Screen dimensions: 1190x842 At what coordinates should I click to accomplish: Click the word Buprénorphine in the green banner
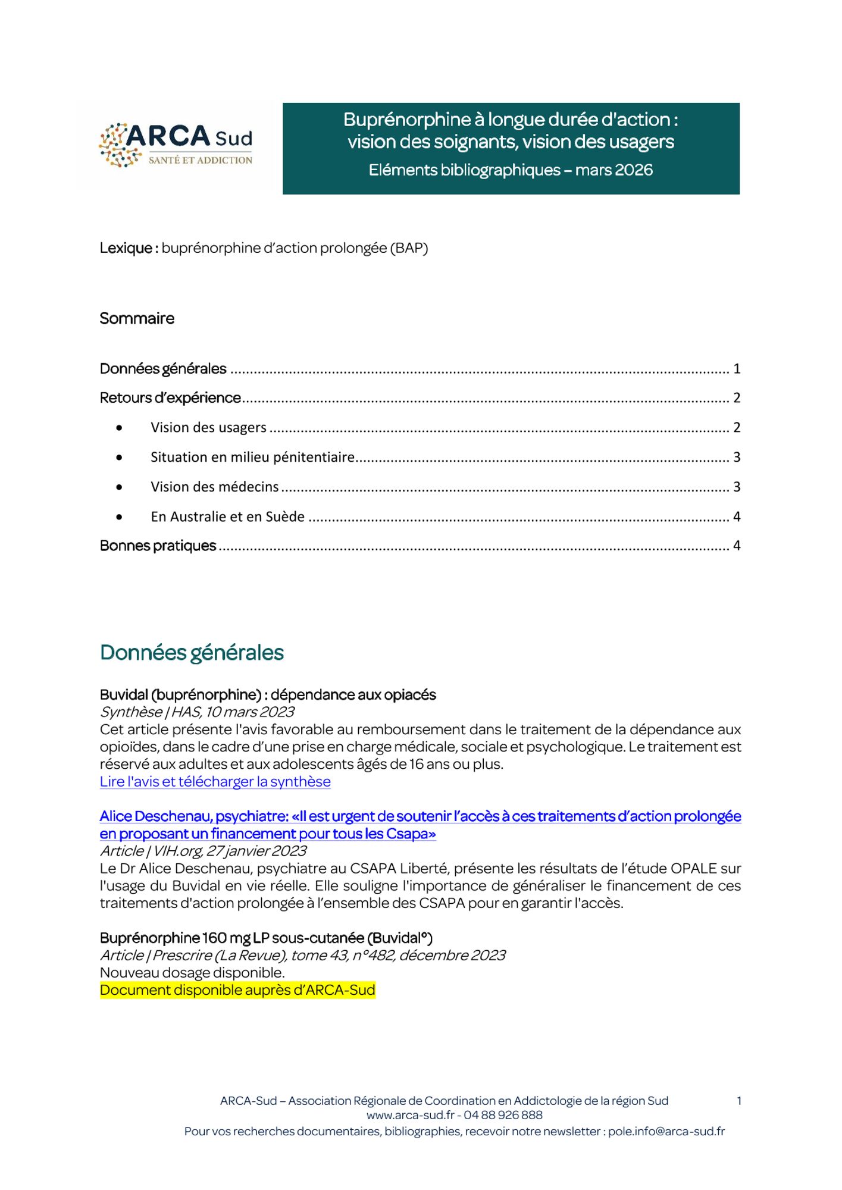click(407, 120)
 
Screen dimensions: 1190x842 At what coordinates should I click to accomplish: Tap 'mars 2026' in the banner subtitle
click(613, 170)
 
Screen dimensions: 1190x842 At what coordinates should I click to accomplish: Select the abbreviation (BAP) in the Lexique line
click(409, 248)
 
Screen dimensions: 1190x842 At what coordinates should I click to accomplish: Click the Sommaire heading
click(137, 318)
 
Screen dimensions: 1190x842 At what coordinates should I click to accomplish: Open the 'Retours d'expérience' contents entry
click(170, 397)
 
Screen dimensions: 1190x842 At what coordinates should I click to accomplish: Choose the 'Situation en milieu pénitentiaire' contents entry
click(252, 457)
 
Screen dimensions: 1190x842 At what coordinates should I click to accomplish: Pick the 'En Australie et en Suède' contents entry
click(227, 516)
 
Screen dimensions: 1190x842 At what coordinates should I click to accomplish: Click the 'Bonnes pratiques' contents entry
click(158, 546)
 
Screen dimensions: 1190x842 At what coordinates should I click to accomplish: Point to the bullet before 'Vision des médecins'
click(120, 487)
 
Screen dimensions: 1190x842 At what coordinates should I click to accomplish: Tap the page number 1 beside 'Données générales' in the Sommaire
click(737, 369)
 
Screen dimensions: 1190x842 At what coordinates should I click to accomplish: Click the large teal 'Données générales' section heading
click(192, 653)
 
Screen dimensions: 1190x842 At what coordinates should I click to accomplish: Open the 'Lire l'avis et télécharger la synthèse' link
click(215, 781)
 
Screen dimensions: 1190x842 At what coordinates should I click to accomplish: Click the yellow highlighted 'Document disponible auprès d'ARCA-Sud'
click(237, 990)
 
